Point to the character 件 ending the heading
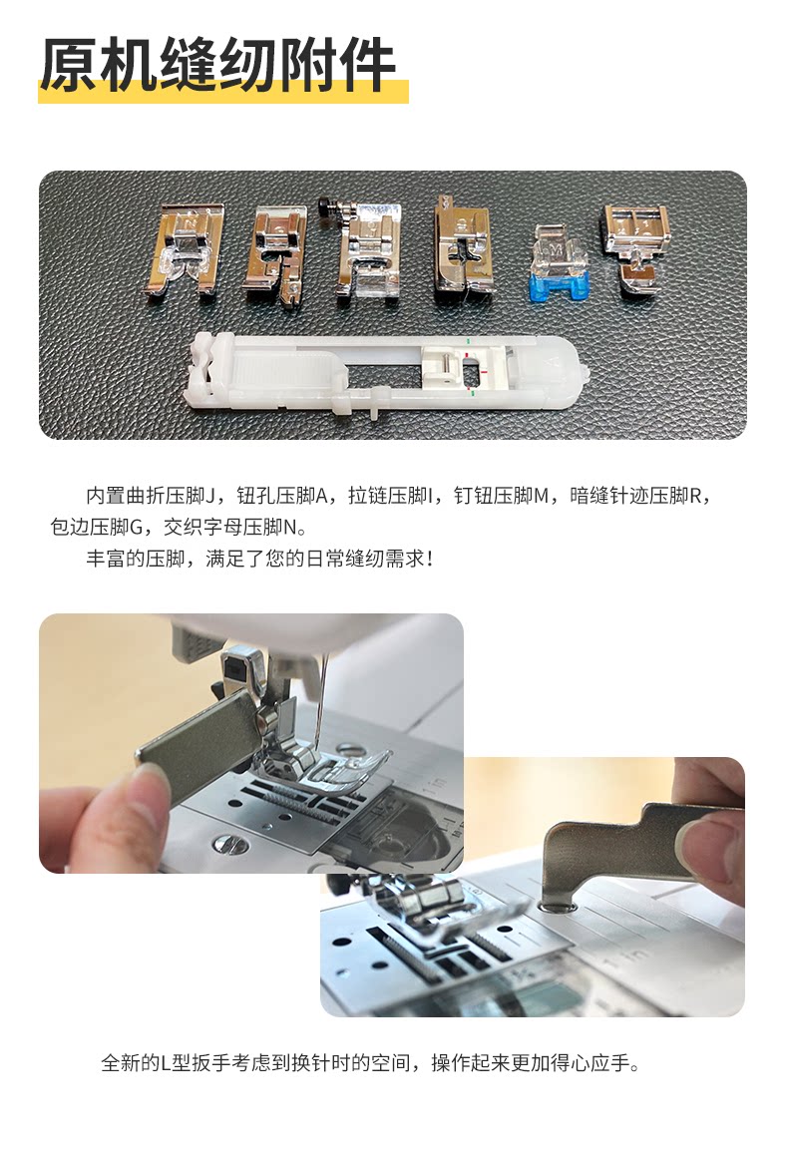tap(366, 66)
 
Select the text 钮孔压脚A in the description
tap(281, 497)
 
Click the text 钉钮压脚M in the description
tap(501, 497)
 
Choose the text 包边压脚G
tap(96, 528)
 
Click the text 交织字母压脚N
tap(231, 528)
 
